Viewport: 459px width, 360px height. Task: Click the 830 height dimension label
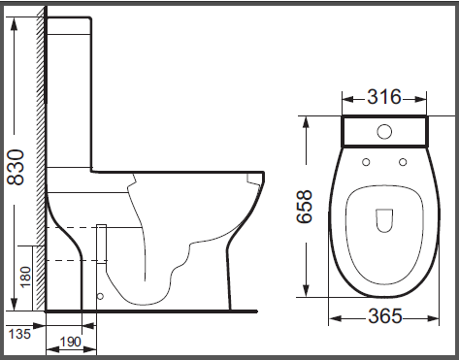pyautogui.click(x=16, y=167)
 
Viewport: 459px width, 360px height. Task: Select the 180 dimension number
pyautogui.click(x=25, y=277)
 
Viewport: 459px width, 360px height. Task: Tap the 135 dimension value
pyautogui.click(x=19, y=334)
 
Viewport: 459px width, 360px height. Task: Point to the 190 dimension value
pyautogui.click(x=71, y=342)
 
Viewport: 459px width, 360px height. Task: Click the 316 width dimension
pyautogui.click(x=384, y=97)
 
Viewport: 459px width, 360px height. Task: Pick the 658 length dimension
pyautogui.click(x=305, y=206)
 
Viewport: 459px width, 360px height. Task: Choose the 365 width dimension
pyautogui.click(x=385, y=316)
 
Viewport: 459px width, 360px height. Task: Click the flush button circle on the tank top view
pyautogui.click(x=384, y=132)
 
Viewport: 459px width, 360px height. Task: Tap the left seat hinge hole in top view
pyautogui.click(x=366, y=162)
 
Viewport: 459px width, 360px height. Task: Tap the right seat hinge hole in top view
pyautogui.click(x=403, y=162)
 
